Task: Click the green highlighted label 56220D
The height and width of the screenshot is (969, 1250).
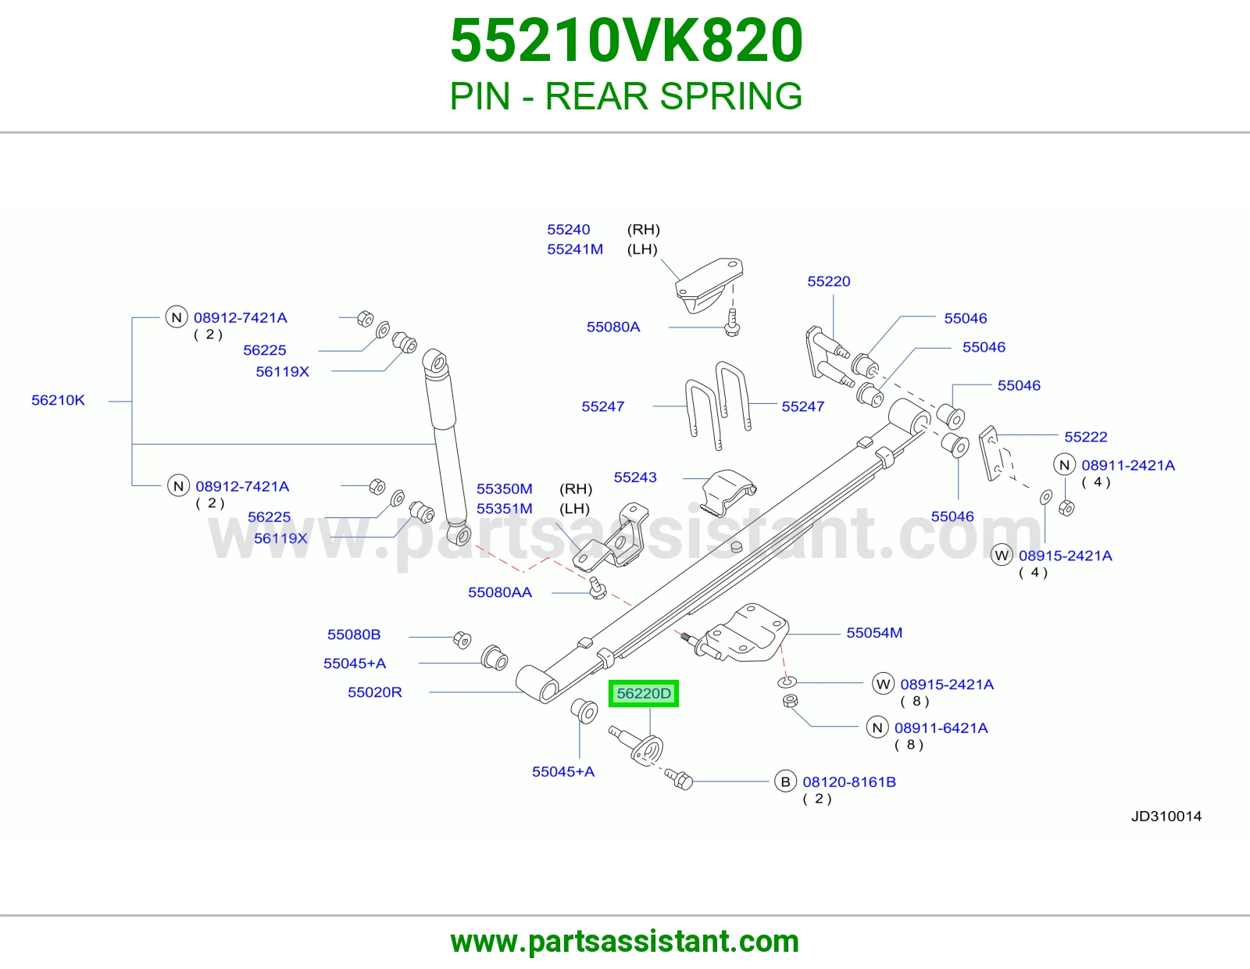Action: tap(644, 693)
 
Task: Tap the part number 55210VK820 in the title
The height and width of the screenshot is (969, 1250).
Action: tap(627, 41)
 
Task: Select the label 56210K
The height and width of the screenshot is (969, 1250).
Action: tap(58, 400)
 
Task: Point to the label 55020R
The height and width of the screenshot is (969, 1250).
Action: tap(374, 692)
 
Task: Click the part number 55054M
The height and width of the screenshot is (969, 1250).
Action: tap(873, 632)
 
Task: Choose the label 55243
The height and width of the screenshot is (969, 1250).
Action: tap(635, 477)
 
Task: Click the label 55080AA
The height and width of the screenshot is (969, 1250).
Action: tap(500, 592)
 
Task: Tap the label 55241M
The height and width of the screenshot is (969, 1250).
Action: tap(575, 249)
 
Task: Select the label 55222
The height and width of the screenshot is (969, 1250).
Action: tap(1085, 437)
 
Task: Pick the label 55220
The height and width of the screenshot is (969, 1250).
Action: tap(828, 281)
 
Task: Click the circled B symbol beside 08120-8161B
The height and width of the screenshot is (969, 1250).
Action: tap(785, 781)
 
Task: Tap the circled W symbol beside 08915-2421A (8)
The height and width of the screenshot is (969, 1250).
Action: tap(883, 685)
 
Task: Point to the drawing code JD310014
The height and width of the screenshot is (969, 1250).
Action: tap(1166, 816)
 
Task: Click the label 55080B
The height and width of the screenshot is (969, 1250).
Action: tap(354, 634)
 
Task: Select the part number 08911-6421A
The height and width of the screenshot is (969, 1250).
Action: tap(941, 728)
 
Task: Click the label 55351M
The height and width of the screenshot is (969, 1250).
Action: tap(505, 509)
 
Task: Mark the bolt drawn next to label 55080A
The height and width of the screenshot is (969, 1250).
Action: tap(732, 324)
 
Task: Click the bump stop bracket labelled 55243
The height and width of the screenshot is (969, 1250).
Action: tap(728, 492)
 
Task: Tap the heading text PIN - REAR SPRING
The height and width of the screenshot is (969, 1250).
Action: tap(626, 96)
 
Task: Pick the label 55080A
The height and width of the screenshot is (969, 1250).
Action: tap(613, 327)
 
